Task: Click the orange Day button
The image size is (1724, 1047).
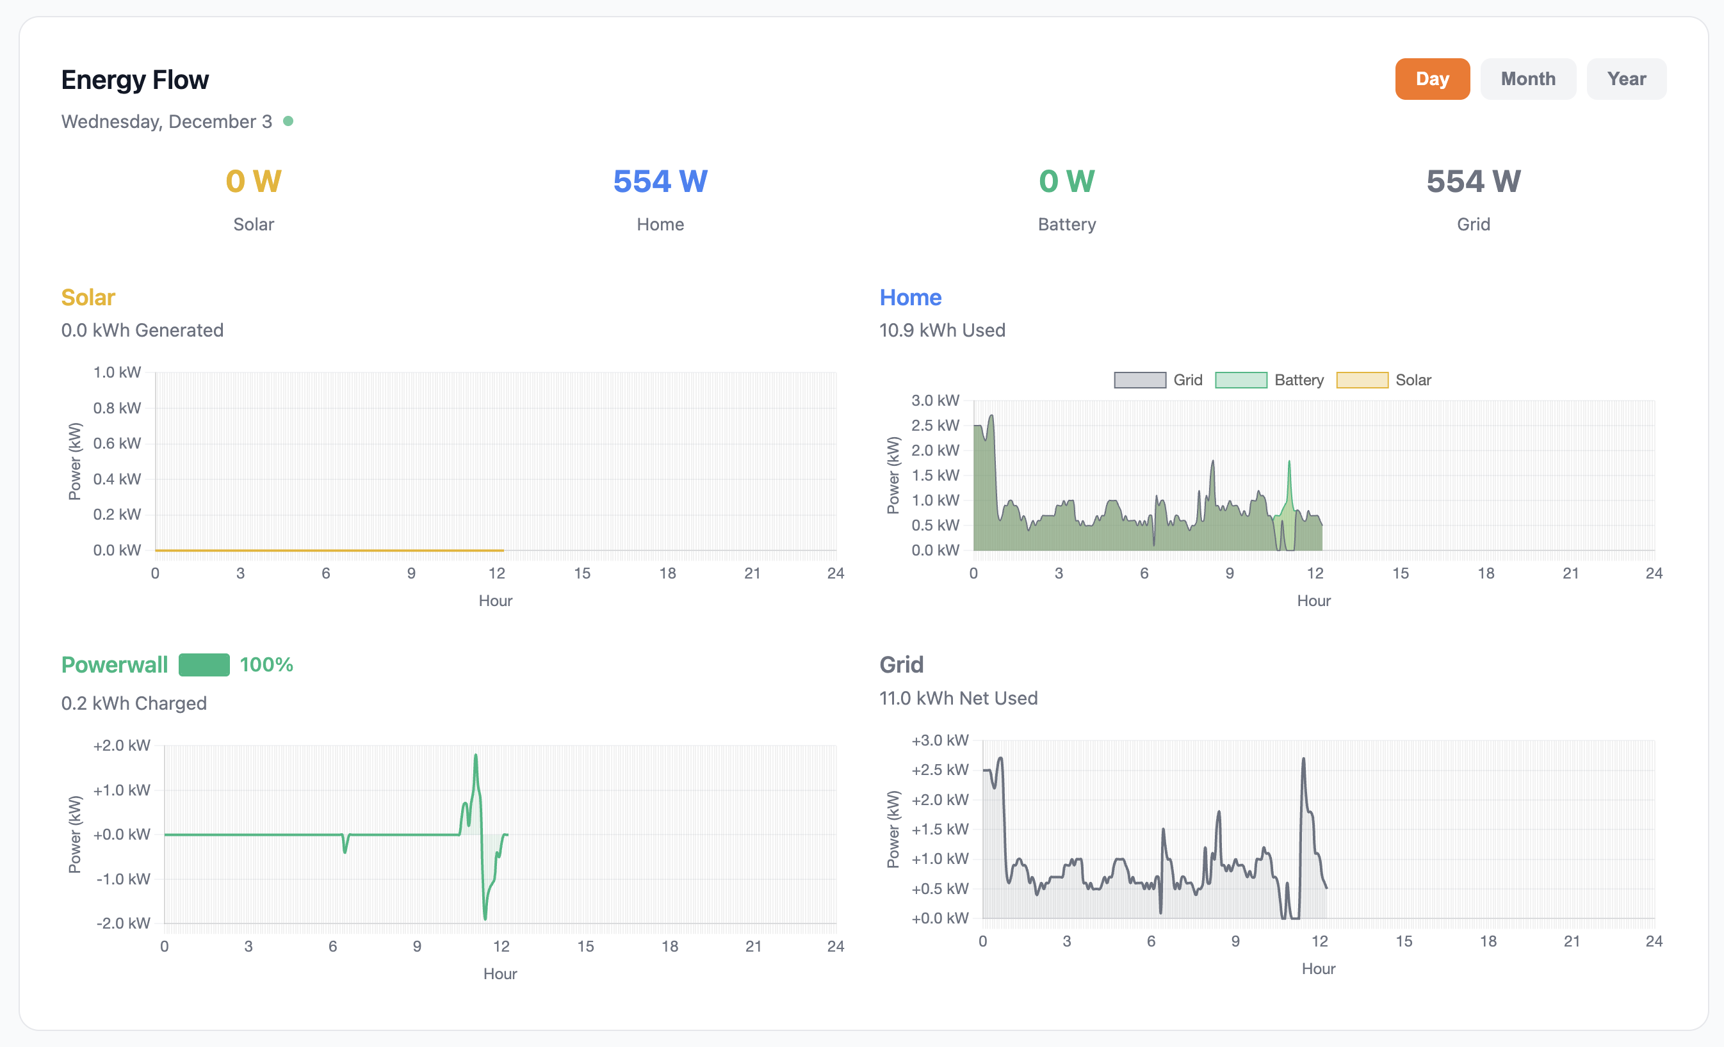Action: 1431,79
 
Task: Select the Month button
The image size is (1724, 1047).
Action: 1527,79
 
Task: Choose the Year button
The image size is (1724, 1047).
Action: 1626,79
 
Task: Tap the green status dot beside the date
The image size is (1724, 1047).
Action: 288,121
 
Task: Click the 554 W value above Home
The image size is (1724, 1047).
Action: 660,181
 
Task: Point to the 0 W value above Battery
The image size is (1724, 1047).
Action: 1066,181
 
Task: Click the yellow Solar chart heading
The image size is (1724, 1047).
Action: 88,297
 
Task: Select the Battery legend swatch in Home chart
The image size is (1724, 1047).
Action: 1240,380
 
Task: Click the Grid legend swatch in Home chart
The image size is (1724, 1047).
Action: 1139,380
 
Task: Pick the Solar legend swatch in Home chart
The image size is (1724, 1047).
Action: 1362,380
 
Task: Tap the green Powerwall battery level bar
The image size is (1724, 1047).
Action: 204,664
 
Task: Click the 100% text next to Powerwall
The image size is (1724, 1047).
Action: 266,664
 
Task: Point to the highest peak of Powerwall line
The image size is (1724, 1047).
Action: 476,755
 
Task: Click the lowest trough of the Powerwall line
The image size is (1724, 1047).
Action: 485,918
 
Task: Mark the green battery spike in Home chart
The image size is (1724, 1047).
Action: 1289,463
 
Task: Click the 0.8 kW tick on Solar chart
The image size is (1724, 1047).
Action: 117,408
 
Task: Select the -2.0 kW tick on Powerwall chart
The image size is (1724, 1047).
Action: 123,923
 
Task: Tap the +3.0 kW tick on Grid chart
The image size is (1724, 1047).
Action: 939,740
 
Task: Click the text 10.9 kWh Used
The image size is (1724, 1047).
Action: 942,330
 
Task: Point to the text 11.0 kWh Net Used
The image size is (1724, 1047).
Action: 958,698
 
